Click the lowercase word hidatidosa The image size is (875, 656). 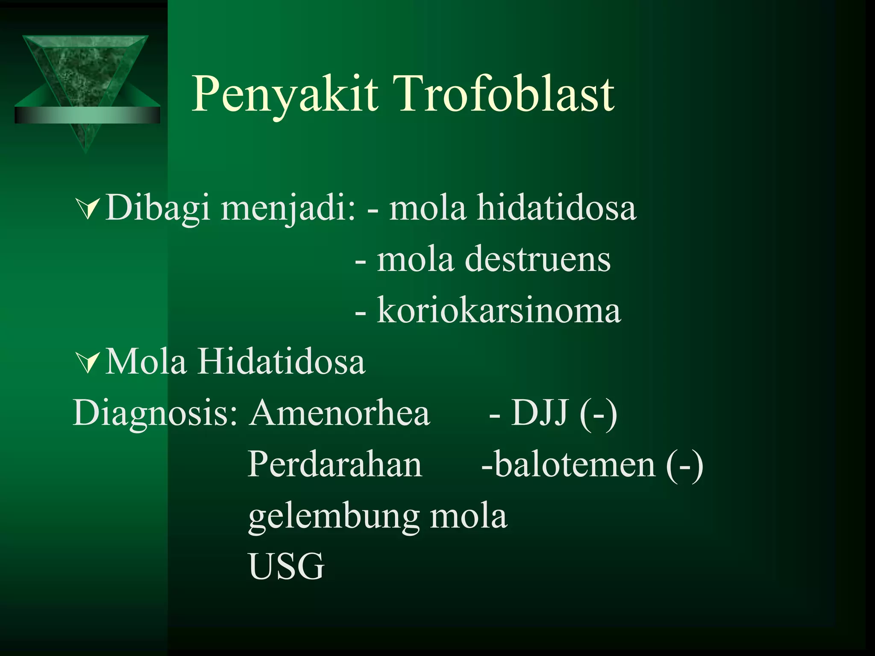(556, 208)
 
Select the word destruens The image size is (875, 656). (537, 260)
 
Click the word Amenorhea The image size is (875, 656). (340, 413)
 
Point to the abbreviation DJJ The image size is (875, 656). (540, 413)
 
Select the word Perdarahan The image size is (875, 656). (335, 465)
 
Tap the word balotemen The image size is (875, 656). (575, 465)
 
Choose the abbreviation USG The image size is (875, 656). (286, 567)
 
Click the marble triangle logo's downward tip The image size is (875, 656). (86, 147)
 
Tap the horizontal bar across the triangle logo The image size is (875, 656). (87, 115)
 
